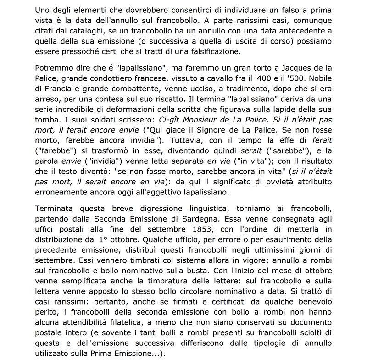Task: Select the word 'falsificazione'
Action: coord(206,51)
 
